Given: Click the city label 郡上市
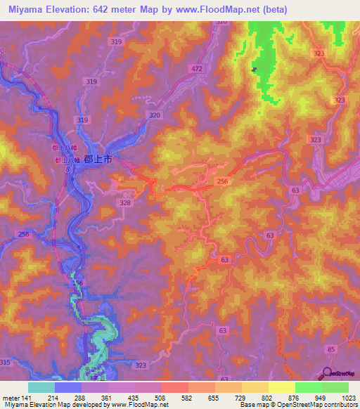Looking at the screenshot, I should [98, 160].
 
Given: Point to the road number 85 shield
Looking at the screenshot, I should [331, 349].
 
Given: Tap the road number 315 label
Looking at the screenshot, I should [6, 361].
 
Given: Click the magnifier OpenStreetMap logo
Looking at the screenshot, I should [328, 374].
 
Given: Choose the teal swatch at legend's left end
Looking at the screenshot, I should [41, 387].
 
